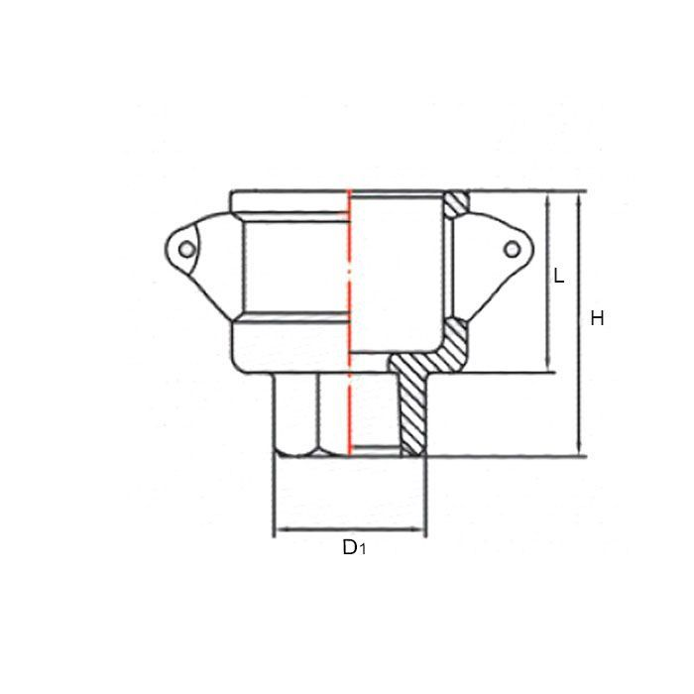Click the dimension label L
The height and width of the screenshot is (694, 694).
click(x=559, y=277)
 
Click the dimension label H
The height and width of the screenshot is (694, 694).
click(x=597, y=318)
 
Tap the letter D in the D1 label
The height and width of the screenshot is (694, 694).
click(x=349, y=546)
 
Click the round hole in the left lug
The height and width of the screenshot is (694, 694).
click(x=185, y=249)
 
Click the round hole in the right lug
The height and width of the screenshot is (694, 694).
click(x=513, y=248)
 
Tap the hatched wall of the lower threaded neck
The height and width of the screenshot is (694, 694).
click(x=410, y=406)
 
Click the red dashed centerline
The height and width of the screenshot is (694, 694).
click(x=350, y=297)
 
